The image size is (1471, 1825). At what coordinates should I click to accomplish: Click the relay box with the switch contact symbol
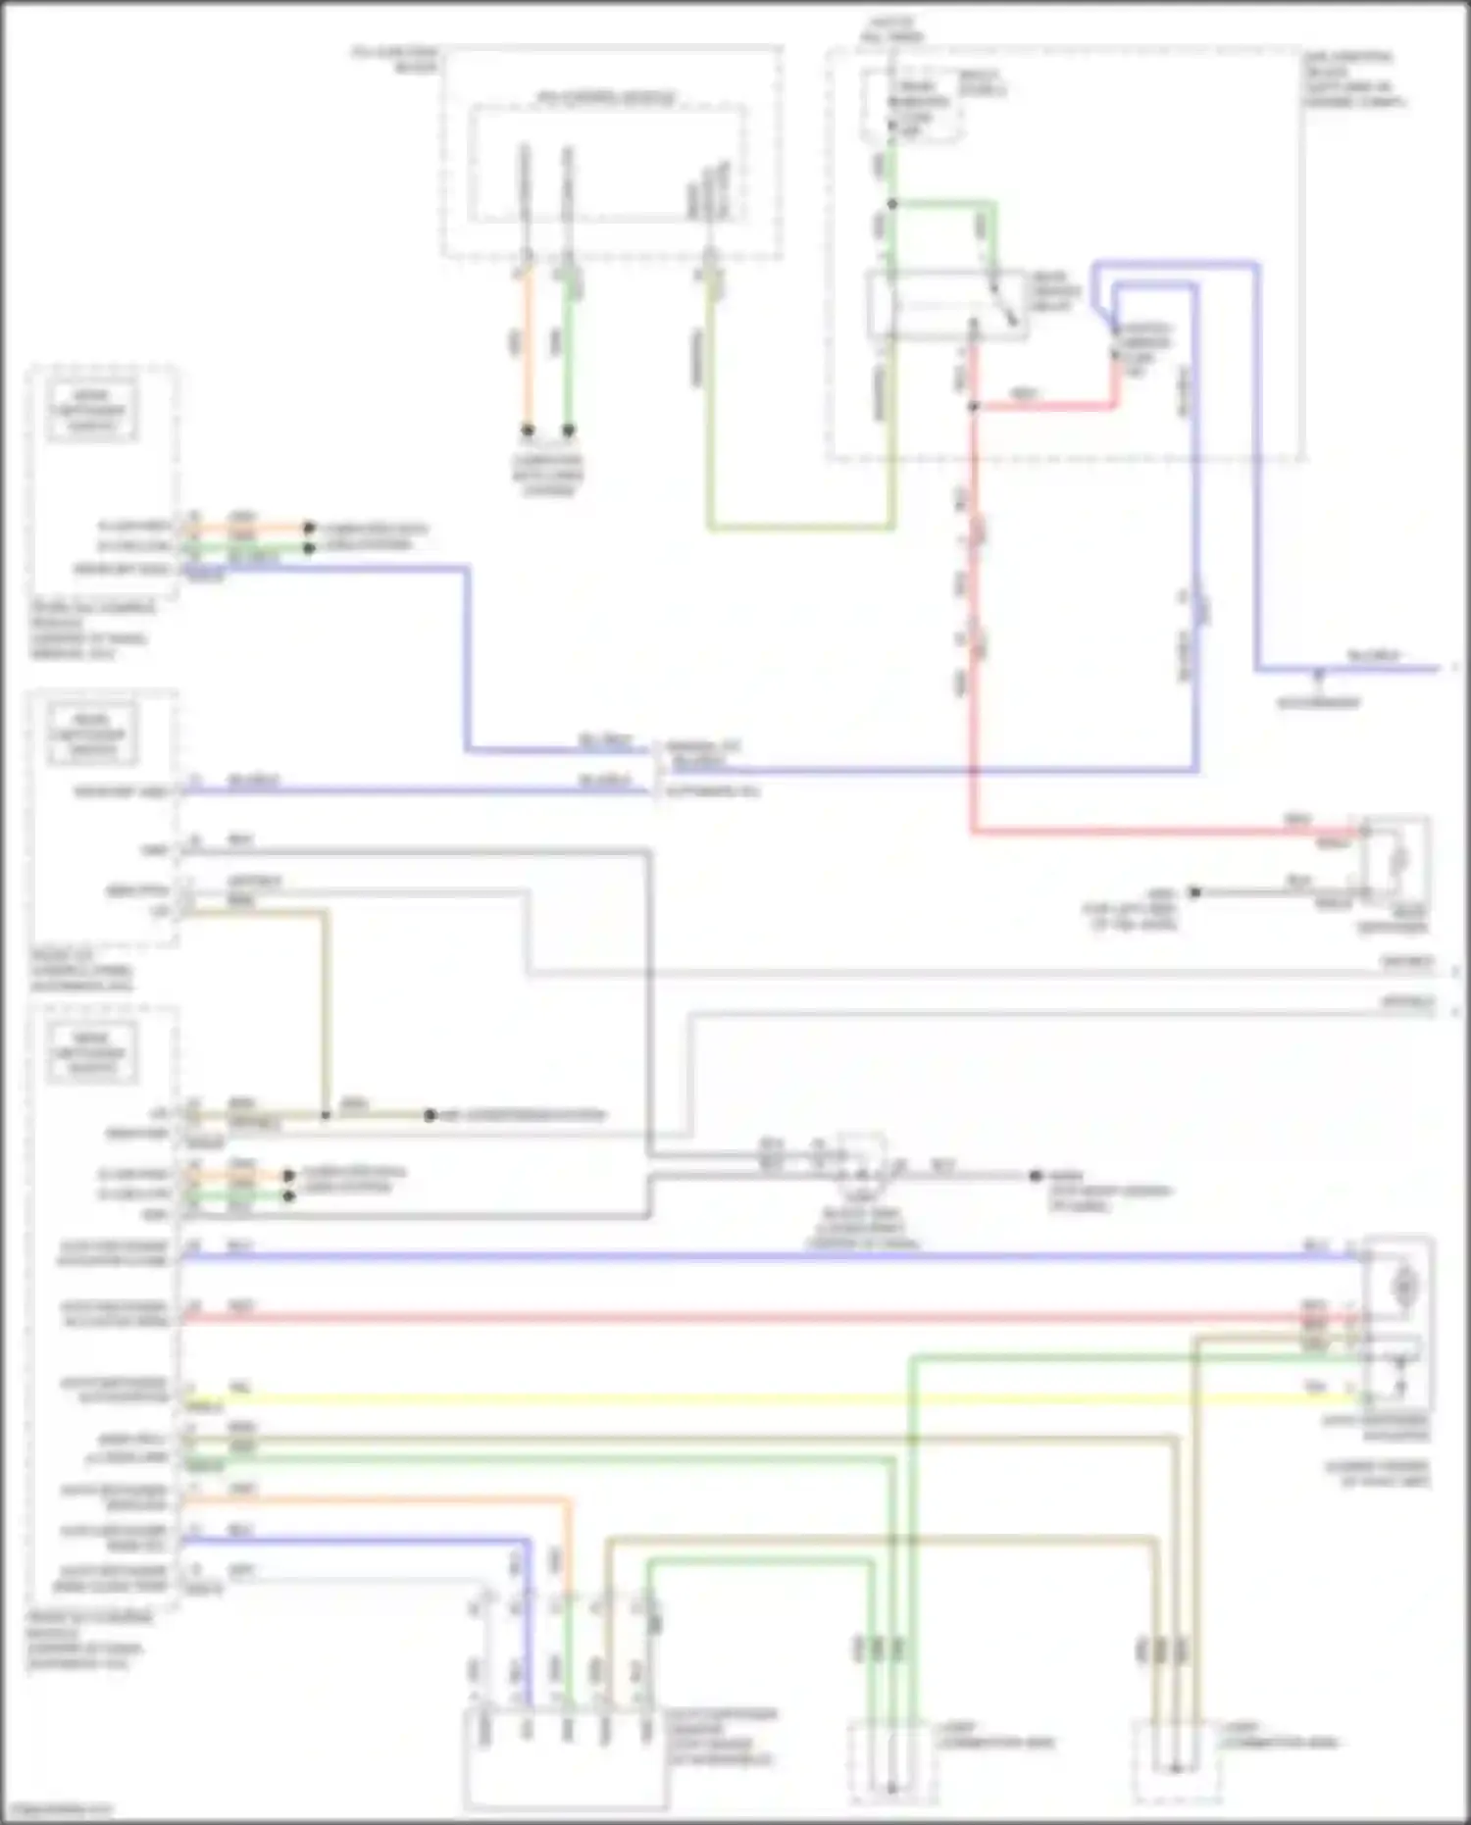tap(947, 304)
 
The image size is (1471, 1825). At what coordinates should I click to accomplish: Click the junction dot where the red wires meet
tap(973, 406)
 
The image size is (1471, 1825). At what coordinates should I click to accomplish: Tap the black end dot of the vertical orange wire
tap(528, 431)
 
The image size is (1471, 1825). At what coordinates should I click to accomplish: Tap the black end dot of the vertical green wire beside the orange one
tap(568, 431)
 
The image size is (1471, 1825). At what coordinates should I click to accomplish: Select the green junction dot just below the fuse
tap(892, 204)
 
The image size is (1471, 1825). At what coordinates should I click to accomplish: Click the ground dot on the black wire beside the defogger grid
tap(1194, 892)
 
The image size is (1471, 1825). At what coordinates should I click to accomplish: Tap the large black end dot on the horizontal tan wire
tap(430, 1116)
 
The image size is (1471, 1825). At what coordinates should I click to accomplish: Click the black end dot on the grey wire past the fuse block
tap(1036, 1175)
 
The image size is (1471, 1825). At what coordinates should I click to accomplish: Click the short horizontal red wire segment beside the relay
tap(1044, 404)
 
